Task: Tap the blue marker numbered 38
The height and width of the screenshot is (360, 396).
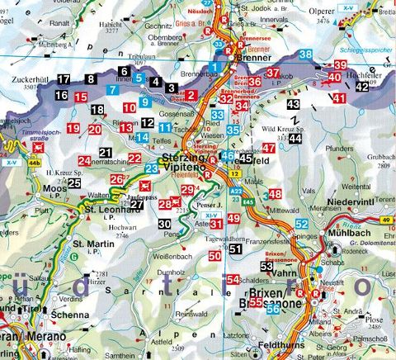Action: [306, 55]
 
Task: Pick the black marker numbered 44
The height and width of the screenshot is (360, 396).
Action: [295, 140]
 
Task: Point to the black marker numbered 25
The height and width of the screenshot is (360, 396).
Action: [74, 183]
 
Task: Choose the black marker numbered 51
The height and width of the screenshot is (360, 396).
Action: [236, 249]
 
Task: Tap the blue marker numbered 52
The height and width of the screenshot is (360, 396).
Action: [302, 225]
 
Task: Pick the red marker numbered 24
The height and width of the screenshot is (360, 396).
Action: [84, 160]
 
